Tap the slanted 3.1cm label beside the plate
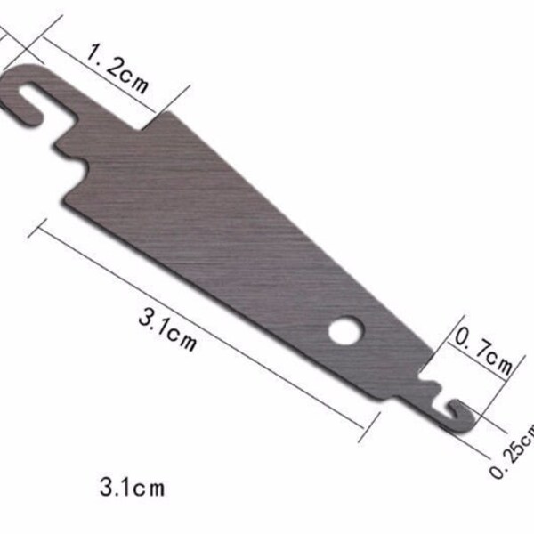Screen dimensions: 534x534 click(x=167, y=328)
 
